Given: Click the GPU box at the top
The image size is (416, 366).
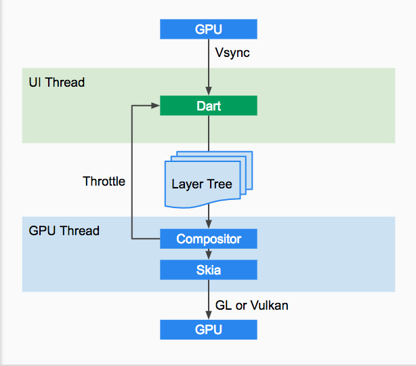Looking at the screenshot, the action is [209, 29].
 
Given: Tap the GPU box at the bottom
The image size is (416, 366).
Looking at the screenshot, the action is [209, 329].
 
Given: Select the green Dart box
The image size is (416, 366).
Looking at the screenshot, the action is [209, 106].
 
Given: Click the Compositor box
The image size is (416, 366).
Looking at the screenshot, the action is [209, 239].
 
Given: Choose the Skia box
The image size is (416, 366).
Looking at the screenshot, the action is [209, 270].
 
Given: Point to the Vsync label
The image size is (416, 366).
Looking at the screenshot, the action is [232, 53].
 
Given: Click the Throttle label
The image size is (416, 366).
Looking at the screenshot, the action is [104, 182].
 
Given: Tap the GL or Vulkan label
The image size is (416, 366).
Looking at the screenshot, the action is [252, 306].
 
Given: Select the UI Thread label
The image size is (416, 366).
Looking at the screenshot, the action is [57, 82].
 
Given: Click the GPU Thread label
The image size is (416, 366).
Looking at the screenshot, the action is [64, 230].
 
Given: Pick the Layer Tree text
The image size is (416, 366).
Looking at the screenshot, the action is [202, 184].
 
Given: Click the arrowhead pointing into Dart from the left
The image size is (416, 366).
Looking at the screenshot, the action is [155, 106].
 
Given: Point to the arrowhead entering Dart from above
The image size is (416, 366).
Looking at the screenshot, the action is [209, 91].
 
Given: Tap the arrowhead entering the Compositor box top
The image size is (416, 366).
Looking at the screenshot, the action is [209, 224].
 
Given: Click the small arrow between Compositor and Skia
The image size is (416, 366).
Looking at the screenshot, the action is [209, 254].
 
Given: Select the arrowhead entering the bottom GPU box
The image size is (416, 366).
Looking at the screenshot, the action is [209, 315].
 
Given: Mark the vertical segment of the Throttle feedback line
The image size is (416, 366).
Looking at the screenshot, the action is [132, 172].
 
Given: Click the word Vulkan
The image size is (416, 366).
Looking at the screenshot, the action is [270, 306].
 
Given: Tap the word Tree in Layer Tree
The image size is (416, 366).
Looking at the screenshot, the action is [220, 184].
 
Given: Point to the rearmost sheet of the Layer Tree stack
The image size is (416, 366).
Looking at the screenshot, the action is [249, 170].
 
